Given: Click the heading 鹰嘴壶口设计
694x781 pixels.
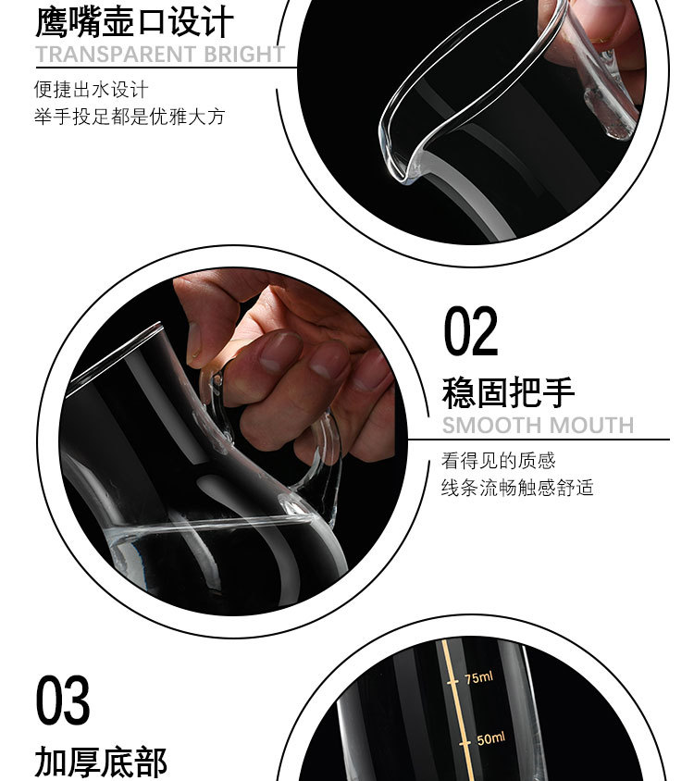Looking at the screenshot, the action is pyautogui.click(x=134, y=22).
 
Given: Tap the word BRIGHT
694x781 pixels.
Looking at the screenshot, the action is pyautogui.click(x=244, y=55).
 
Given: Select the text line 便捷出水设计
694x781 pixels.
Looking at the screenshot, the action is pyautogui.click(x=92, y=90).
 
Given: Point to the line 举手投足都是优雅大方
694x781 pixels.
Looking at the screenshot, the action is pyautogui.click(x=130, y=117).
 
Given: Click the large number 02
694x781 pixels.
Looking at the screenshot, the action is pyautogui.click(x=471, y=331).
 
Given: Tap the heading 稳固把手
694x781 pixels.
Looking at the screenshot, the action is pyautogui.click(x=508, y=393).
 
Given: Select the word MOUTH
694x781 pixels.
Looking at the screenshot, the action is pyautogui.click(x=591, y=426).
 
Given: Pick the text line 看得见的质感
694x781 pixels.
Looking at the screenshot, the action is pyautogui.click(x=498, y=460).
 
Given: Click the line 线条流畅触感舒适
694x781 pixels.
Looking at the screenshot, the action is pyautogui.click(x=517, y=487).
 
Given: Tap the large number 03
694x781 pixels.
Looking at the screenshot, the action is pyautogui.click(x=63, y=700).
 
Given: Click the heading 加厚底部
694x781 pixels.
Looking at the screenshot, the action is pyautogui.click(x=101, y=762).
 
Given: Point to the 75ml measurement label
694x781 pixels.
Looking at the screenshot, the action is pyautogui.click(x=478, y=678).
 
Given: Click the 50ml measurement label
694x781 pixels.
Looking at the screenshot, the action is pyautogui.click(x=490, y=738).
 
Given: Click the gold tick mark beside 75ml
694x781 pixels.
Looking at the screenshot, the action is pyautogui.click(x=452, y=682).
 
